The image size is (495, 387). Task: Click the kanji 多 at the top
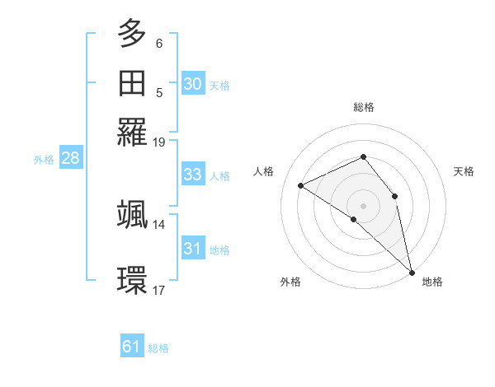pyautogui.click(x=133, y=35)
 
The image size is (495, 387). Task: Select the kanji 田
pyautogui.click(x=133, y=82)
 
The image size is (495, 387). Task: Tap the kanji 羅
pyautogui.click(x=133, y=131)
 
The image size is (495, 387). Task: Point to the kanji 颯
pyautogui.click(x=133, y=214)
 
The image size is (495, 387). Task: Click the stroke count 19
pyautogui.click(x=159, y=142)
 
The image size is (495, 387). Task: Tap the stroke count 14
pyautogui.click(x=159, y=224)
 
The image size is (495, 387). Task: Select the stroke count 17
pyautogui.click(x=159, y=290)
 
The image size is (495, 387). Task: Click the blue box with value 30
pyautogui.click(x=192, y=83)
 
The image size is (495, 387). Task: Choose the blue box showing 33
pyautogui.click(x=192, y=175)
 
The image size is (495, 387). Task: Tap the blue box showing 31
pyautogui.click(x=192, y=249)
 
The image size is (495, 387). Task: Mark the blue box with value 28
pyautogui.click(x=70, y=159)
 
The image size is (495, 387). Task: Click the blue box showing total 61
pyautogui.click(x=132, y=347)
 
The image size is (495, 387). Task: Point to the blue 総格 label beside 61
pyautogui.click(x=158, y=348)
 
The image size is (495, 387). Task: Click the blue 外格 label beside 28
pyautogui.click(x=44, y=160)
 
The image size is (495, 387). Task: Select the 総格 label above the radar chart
pyautogui.click(x=363, y=107)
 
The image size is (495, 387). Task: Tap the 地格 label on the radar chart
pyautogui.click(x=432, y=282)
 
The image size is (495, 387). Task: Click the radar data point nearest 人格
pyautogui.click(x=301, y=185)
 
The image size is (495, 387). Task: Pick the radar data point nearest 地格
pyautogui.click(x=412, y=272)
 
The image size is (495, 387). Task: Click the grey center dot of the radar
pyautogui.click(x=363, y=204)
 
